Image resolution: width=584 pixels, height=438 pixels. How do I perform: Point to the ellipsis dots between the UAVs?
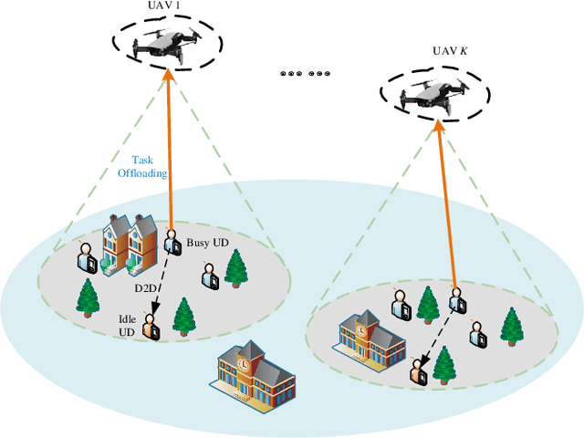pos(306,73)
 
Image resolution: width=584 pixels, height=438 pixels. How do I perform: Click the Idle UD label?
pos(128,325)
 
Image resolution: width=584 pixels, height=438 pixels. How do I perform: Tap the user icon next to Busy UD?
pos(171,241)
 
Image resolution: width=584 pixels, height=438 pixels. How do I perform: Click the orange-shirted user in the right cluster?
pos(419,370)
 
